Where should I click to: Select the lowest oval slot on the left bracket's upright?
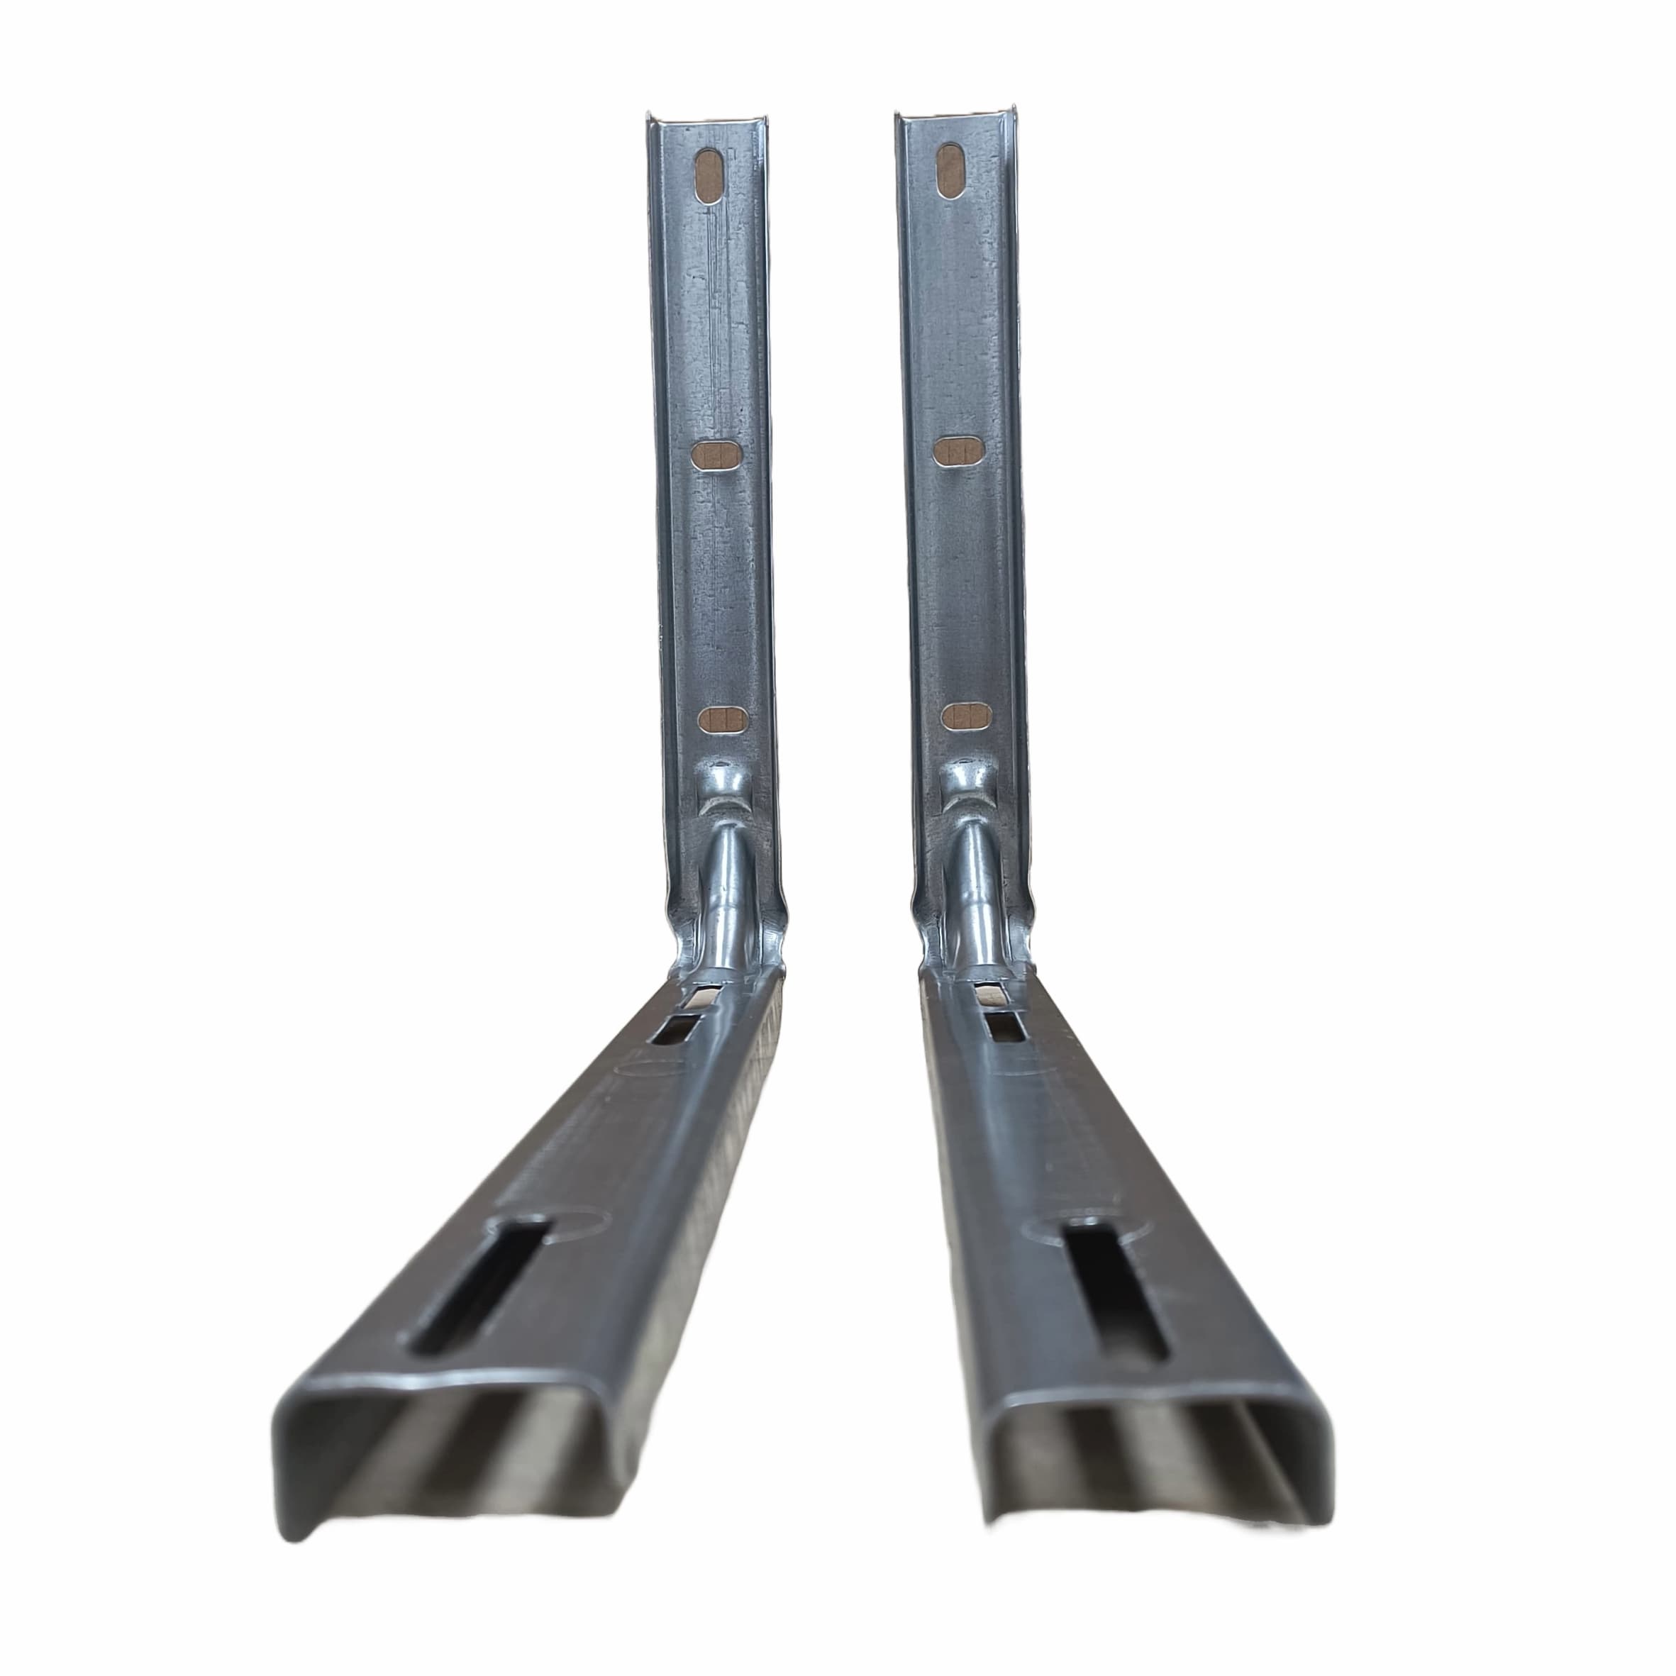(723, 718)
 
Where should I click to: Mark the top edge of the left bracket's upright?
(705, 119)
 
